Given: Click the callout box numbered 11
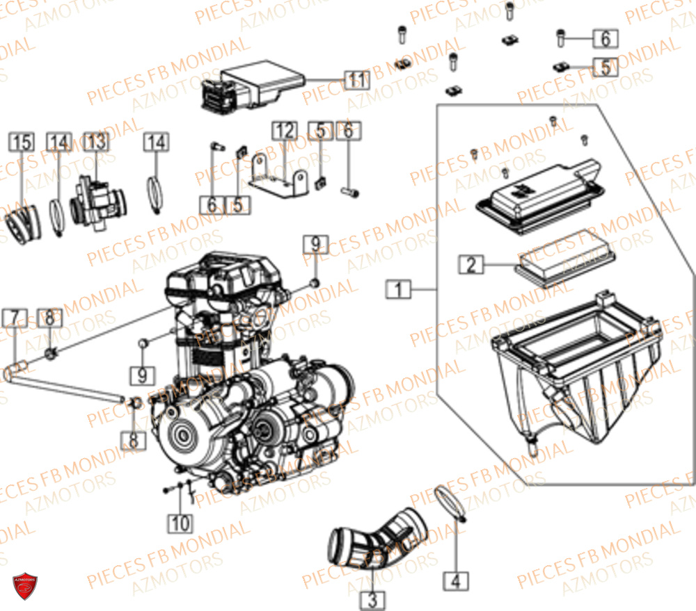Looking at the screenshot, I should coord(356,79).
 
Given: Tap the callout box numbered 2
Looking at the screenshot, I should coord(470,264).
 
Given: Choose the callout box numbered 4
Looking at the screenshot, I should coord(457,580).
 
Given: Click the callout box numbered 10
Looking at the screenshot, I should coord(180,523).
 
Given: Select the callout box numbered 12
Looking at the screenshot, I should coord(283,130).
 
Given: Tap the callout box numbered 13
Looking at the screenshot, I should coord(97,142).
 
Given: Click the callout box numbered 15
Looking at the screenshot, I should coord(21,142).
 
